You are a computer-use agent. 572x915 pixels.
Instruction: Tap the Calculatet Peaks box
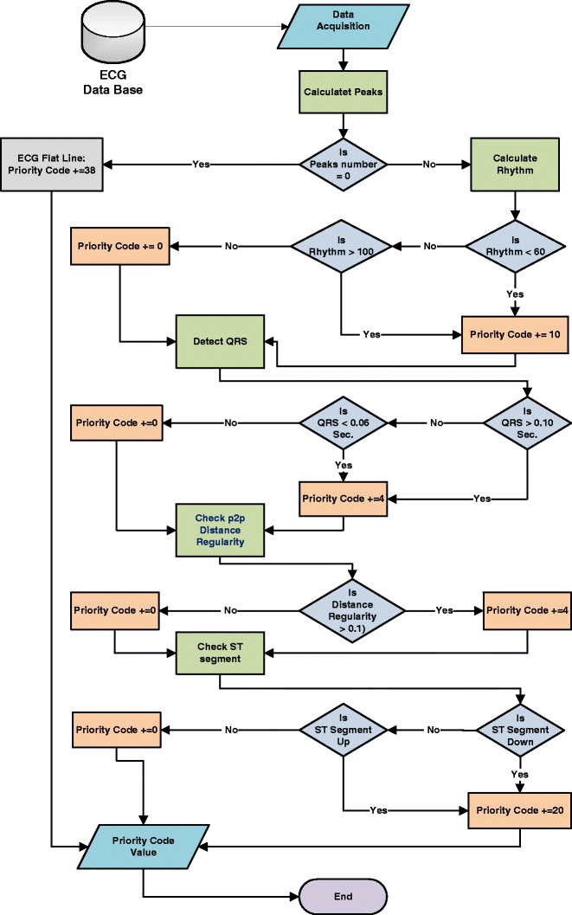click(344, 91)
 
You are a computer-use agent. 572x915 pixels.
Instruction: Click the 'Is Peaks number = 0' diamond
click(344, 164)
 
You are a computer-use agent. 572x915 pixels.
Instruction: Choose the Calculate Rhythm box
click(515, 164)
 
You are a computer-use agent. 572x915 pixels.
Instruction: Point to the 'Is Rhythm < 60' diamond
click(516, 246)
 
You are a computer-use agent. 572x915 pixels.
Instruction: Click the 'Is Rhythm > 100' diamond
click(342, 246)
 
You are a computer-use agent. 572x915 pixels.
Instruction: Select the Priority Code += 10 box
click(516, 333)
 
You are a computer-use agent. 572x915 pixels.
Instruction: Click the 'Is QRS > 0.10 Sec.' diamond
click(526, 422)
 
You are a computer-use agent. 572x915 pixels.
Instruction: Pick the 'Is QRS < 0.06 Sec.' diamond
click(343, 422)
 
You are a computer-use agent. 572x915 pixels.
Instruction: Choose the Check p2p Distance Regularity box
click(220, 530)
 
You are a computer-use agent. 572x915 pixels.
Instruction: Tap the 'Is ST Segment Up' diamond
click(344, 730)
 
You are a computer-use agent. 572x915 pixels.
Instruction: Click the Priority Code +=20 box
click(519, 811)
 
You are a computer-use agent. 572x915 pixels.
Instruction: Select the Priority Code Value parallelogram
click(143, 847)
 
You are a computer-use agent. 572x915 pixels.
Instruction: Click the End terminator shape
click(343, 896)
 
